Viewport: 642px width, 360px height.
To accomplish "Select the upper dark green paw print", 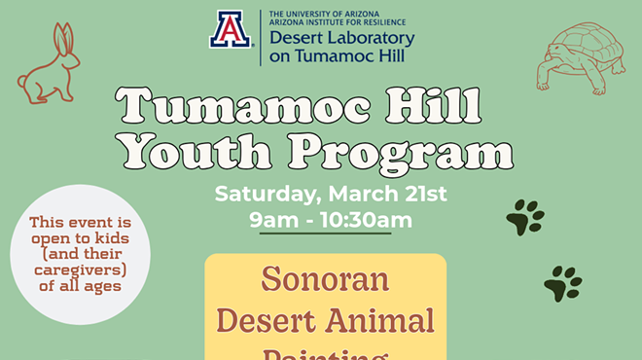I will coord(524,217).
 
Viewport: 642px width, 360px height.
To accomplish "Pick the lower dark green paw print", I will coord(561,283).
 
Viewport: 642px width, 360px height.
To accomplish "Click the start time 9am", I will coord(268,220).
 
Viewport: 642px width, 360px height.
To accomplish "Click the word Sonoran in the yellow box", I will coord(325,280).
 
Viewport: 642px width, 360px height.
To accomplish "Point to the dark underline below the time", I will coord(325,234).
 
